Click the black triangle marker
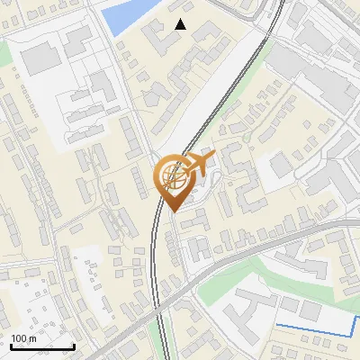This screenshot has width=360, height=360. coord(181,24)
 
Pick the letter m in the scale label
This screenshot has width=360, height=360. coord(32,338)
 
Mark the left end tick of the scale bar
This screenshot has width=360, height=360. coord(12,346)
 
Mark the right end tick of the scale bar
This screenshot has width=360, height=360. coord(74,346)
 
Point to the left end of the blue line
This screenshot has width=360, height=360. coord(276,323)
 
